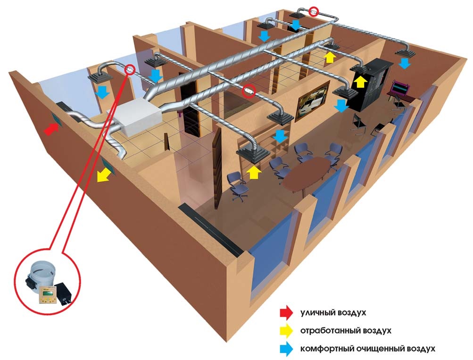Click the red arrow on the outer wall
click(51, 129)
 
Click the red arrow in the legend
click(286, 312)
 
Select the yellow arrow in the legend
click(286, 331)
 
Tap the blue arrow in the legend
click(286, 349)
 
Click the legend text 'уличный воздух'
click(333, 313)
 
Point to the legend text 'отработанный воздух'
click(346, 331)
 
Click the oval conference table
click(306, 175)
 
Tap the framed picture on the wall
click(313, 101)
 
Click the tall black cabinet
click(371, 84)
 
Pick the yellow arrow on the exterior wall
click(103, 176)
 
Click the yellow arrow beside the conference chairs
click(254, 173)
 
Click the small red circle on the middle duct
click(248, 90)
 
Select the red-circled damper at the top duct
click(314, 11)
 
